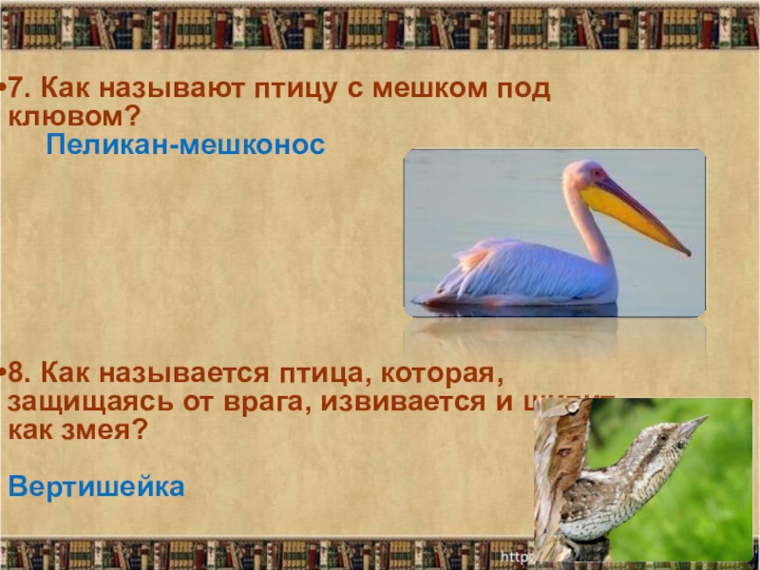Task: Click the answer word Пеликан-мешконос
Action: (x=185, y=145)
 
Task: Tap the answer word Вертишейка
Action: (x=95, y=488)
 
